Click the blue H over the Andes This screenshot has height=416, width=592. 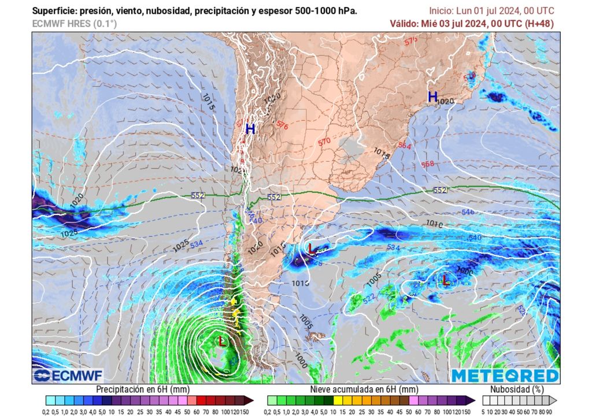click(250, 129)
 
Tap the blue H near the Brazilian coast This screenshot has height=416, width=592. click(432, 97)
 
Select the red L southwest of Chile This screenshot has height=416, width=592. click(222, 341)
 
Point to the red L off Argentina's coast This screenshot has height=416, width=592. click(312, 249)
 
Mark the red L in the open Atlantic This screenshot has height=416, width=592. click(446, 280)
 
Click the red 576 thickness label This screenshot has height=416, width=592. click(282, 125)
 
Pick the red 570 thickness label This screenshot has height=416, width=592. click(324, 142)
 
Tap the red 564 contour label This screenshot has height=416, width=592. click(405, 146)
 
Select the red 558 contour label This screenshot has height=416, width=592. click(427, 164)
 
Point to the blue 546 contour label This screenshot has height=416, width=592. click(468, 213)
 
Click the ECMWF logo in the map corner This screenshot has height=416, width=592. click(60, 376)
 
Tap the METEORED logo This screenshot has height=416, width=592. click(505, 376)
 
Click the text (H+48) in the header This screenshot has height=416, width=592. click(538, 23)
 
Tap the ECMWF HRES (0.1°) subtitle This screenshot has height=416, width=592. click(75, 24)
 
